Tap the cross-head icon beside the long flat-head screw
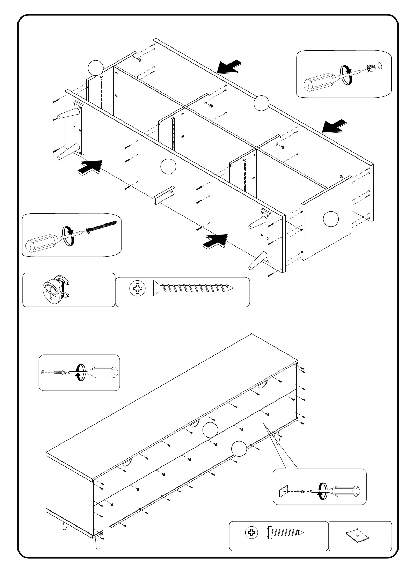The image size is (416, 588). click(x=138, y=289)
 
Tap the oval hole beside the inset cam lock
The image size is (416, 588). click(x=380, y=65)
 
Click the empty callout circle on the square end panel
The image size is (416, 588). click(x=330, y=219)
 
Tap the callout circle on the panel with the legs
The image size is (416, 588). click(x=168, y=166)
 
